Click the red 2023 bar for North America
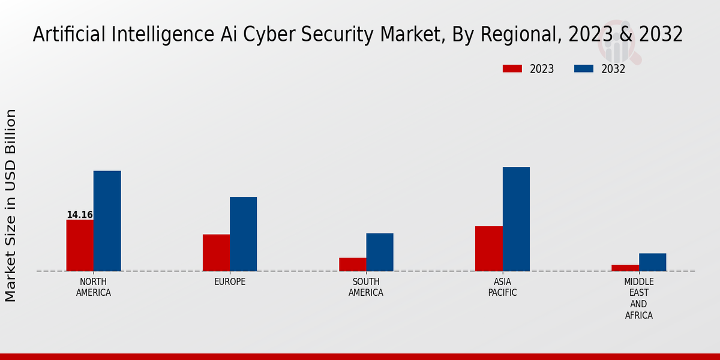tap(80, 245)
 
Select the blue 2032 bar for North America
tap(107, 221)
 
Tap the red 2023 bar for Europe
tap(216, 253)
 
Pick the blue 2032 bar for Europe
tap(243, 234)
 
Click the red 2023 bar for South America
tap(352, 265)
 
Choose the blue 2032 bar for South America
tap(380, 252)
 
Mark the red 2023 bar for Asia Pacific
tap(488, 248)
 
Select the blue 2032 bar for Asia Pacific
tap(516, 219)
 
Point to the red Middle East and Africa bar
tap(625, 268)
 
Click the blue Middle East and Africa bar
tap(652, 262)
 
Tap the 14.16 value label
tap(79, 215)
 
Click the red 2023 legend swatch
tap(512, 69)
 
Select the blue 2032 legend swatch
tap(583, 69)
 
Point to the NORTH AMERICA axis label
tap(94, 287)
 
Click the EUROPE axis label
tap(230, 282)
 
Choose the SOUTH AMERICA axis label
tap(366, 287)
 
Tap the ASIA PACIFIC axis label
tap(502, 287)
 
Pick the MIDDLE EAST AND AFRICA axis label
tap(639, 299)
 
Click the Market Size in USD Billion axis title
tap(11, 205)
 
